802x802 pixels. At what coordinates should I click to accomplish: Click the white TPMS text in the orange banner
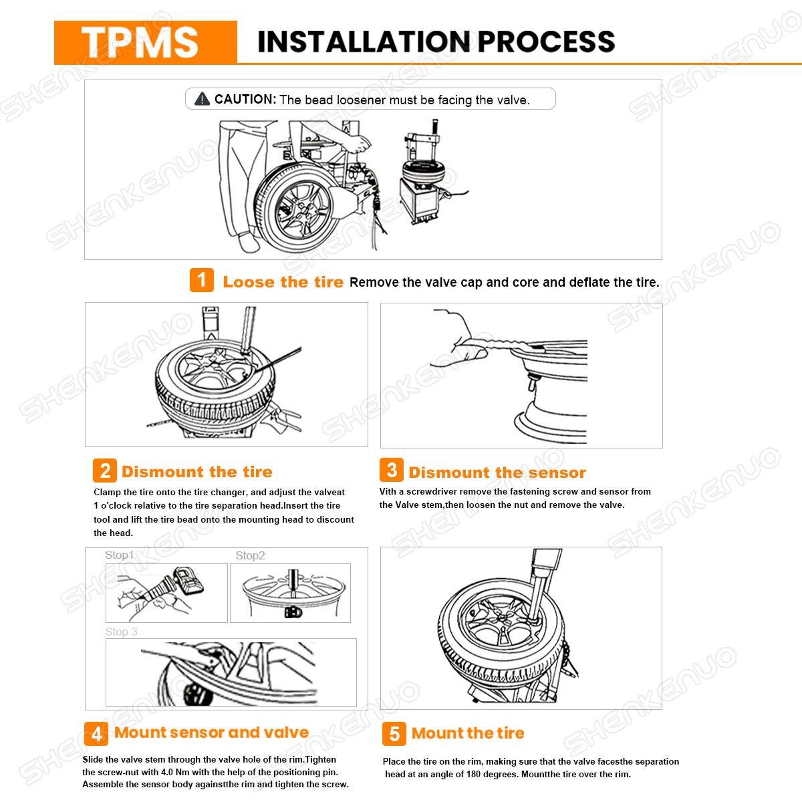(140, 43)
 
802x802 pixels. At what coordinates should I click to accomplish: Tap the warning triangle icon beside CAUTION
(202, 100)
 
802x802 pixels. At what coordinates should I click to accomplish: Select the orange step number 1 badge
(202, 280)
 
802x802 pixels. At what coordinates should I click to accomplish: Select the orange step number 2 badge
(105, 471)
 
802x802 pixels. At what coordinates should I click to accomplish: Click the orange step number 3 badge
(392, 471)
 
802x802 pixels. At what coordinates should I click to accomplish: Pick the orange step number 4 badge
(96, 734)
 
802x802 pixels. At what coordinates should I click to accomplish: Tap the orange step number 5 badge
(394, 734)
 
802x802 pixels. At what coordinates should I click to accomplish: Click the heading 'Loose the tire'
(283, 282)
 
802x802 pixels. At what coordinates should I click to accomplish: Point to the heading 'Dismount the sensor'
(497, 473)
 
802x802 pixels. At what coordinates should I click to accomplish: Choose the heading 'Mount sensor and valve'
(212, 732)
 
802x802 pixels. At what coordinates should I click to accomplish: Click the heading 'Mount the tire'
(468, 733)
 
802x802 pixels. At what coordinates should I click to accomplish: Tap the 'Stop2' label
(250, 555)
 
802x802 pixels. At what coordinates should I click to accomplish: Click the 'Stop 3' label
(121, 632)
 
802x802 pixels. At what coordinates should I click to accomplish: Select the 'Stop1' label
(119, 555)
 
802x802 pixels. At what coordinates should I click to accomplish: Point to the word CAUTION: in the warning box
(245, 100)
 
